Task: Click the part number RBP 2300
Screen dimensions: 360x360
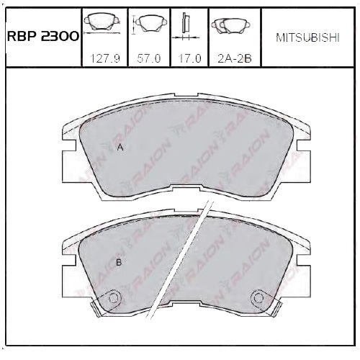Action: point(43,37)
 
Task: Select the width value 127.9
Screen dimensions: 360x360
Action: point(104,58)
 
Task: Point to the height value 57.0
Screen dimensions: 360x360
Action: point(149,58)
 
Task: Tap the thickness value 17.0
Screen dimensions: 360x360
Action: point(189,58)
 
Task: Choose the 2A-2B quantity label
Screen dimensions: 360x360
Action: point(235,58)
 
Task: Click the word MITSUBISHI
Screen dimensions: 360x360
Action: point(307,37)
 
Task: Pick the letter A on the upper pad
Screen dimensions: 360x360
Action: point(120,148)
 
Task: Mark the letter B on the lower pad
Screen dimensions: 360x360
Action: point(119,263)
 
